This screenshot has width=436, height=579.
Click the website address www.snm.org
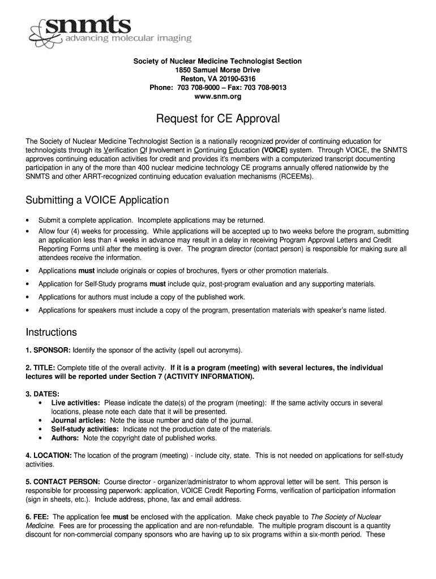pyautogui.click(x=217, y=97)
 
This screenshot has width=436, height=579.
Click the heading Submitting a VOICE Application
pyautogui.click(x=97, y=201)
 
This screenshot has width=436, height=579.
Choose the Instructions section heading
pyautogui.click(x=52, y=332)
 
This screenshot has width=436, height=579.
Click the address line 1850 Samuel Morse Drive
pyautogui.click(x=217, y=70)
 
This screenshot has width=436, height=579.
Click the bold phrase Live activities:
pyautogui.click(x=76, y=403)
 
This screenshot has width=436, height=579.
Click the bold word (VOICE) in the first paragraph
pyautogui.click(x=275, y=150)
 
